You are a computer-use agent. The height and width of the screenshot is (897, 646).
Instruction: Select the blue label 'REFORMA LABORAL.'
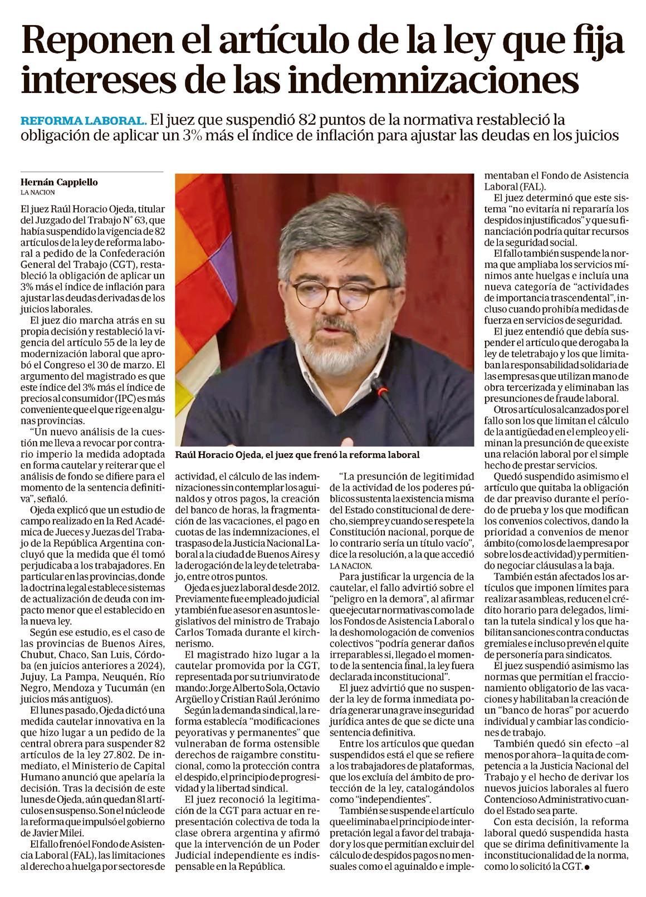[x=84, y=120]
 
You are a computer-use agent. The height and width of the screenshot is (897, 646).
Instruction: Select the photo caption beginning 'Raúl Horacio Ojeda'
[x=297, y=455]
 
